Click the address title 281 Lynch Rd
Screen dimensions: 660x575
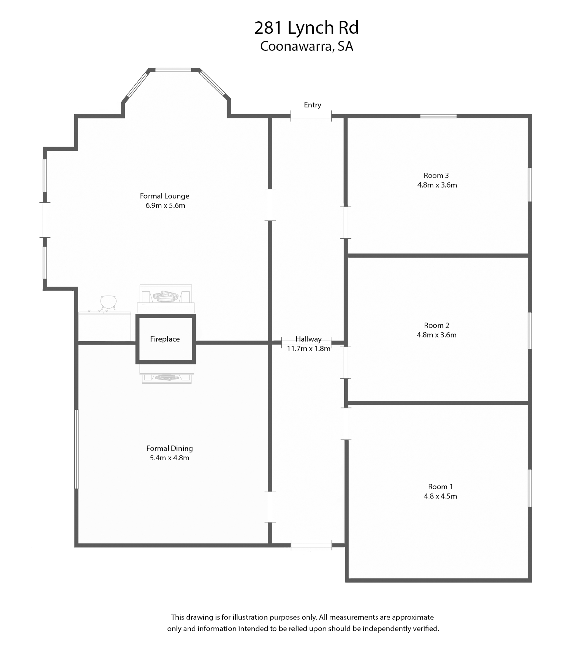(x=307, y=28)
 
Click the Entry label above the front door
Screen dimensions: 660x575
(x=312, y=105)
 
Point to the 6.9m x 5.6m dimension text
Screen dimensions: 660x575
(x=165, y=206)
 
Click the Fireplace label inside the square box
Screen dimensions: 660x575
(x=165, y=339)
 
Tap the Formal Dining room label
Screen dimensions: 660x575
(x=169, y=448)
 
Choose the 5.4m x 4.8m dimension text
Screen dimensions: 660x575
(x=169, y=458)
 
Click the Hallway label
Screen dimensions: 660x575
(x=308, y=339)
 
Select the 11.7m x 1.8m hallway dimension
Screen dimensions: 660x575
(x=308, y=349)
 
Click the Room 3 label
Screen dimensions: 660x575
(x=436, y=175)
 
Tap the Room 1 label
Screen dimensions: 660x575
(x=440, y=487)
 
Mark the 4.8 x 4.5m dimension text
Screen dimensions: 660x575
(x=440, y=496)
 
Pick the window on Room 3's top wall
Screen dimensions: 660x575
(x=438, y=116)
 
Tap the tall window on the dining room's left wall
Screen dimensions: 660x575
(x=76, y=449)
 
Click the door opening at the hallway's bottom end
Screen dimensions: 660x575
(x=311, y=545)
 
